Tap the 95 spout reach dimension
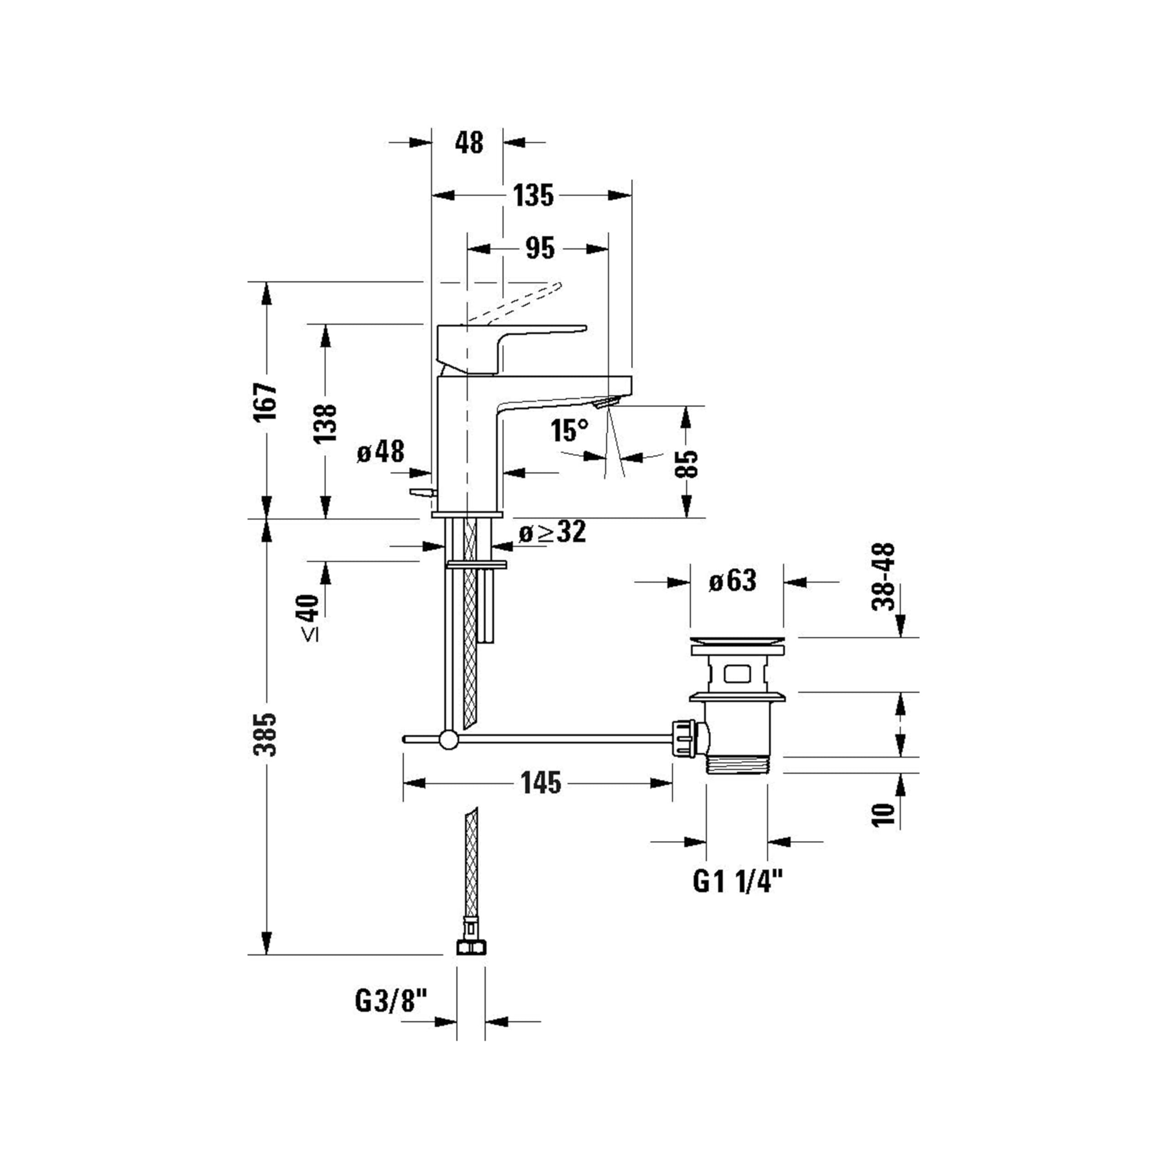pos(539,249)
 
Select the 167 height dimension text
pos(266,402)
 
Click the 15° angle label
pos(569,431)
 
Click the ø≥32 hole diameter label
pos(552,532)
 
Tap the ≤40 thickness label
pos(309,617)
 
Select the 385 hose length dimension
pos(266,734)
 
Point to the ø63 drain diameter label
pos(732,581)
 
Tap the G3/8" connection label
pos(391,1002)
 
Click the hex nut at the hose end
pos(470,946)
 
